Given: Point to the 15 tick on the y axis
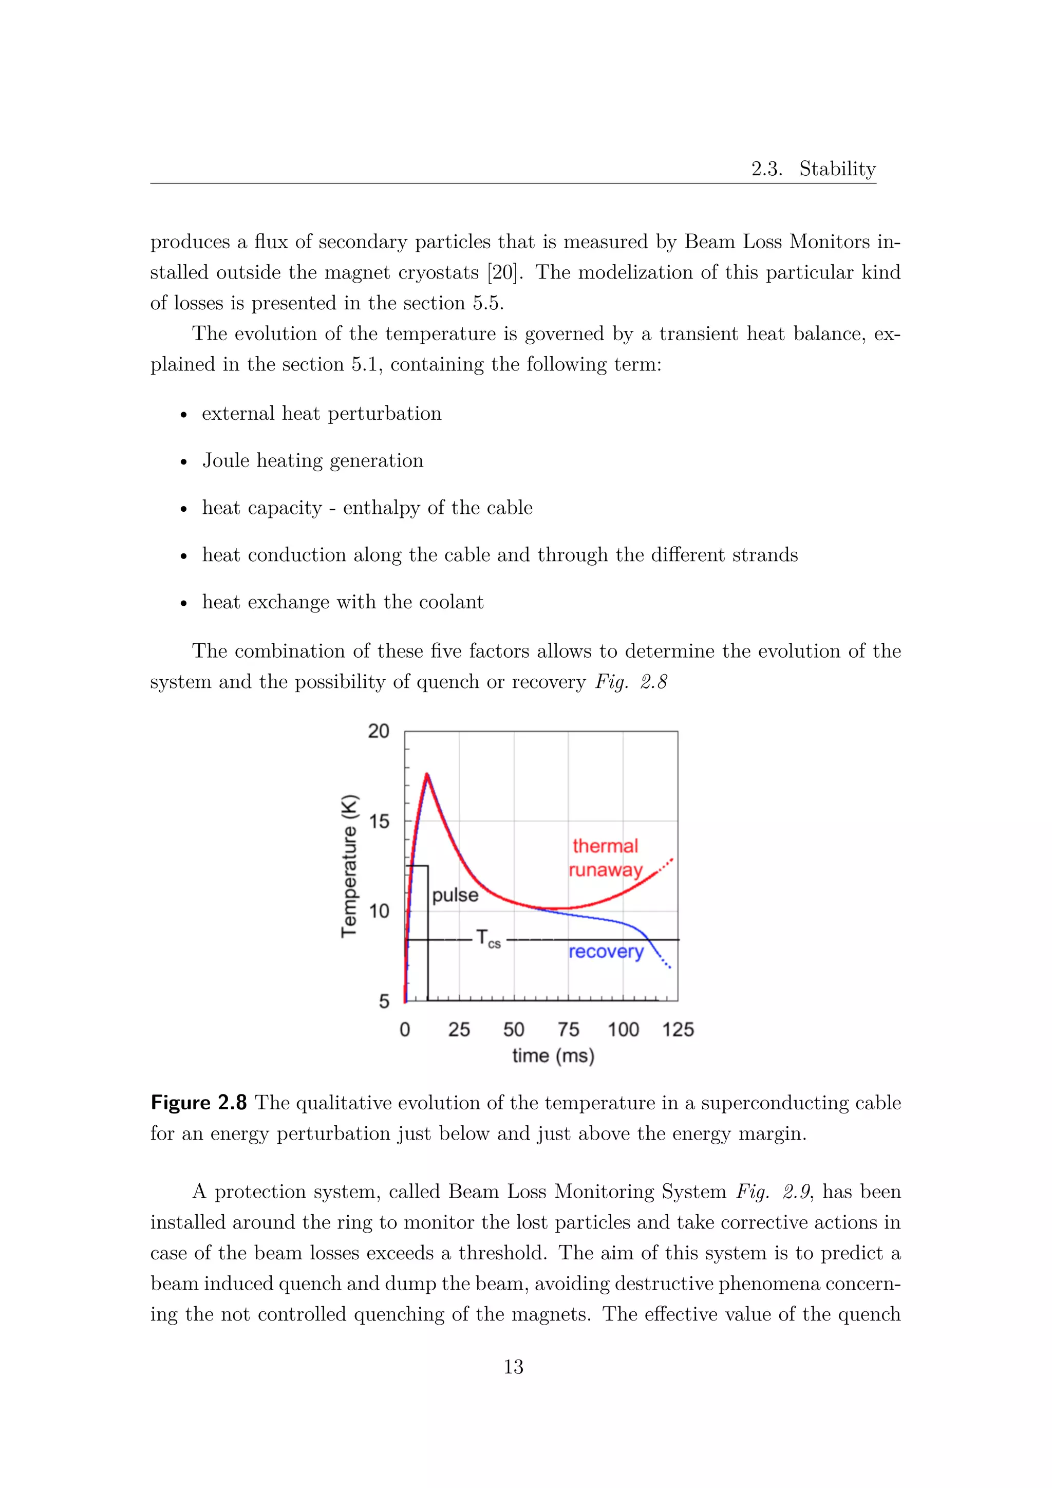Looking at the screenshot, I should [x=379, y=822].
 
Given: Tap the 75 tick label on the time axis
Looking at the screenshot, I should [x=568, y=1029].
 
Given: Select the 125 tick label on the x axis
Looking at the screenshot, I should [x=678, y=1029].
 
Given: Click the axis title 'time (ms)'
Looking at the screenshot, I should [x=553, y=1056].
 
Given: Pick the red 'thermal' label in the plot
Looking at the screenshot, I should [x=605, y=846].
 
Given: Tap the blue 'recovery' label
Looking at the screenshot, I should [x=606, y=952].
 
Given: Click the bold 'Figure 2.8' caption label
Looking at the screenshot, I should [x=198, y=1103].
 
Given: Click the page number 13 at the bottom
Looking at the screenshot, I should [x=513, y=1367].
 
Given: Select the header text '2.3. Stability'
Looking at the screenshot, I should [x=813, y=169].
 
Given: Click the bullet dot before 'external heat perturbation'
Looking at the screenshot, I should [x=184, y=415].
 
